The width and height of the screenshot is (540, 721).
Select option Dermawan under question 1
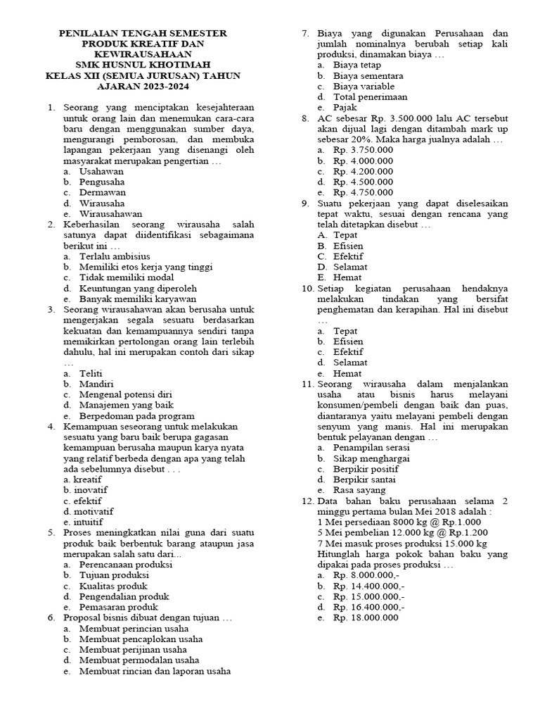coord(103,192)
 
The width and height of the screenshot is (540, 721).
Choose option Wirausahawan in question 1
coord(111,213)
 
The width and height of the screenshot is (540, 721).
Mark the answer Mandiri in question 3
coord(97,384)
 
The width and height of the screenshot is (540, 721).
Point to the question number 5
coord(51,533)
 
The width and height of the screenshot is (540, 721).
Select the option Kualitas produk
coord(113,586)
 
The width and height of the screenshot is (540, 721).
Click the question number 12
coord(307,501)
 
